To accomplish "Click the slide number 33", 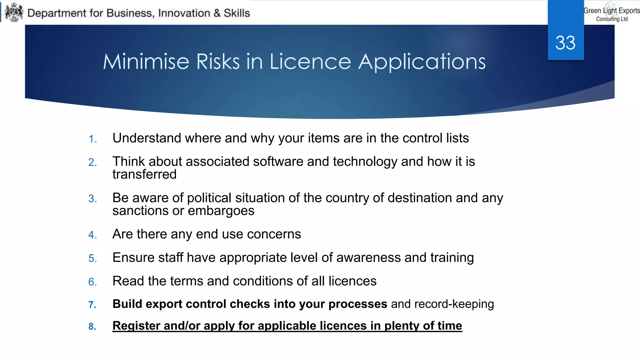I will click(565, 43).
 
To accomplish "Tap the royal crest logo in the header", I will click(14, 12).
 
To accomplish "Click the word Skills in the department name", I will click(237, 13).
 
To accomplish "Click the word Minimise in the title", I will click(146, 62).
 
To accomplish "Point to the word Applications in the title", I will click(422, 62).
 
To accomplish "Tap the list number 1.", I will click(92, 139).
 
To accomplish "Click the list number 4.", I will click(92, 235).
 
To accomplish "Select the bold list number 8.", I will click(92, 327).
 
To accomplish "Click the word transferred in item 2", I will click(144, 174).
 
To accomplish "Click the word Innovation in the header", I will click(184, 13).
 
